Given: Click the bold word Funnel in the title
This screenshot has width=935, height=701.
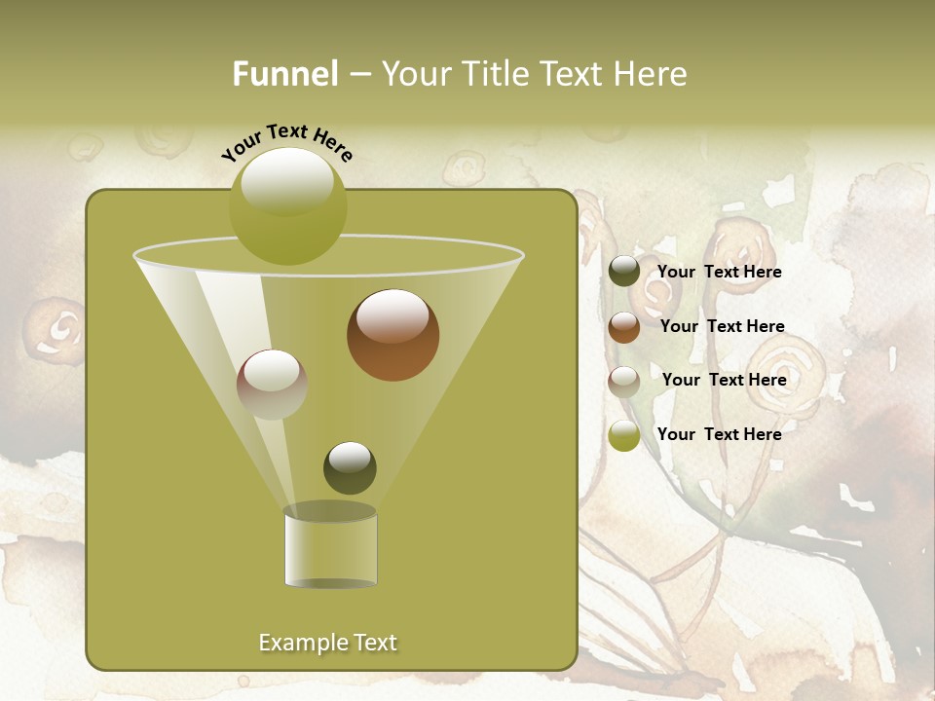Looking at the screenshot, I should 285,74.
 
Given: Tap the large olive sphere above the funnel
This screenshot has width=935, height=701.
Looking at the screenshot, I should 287,206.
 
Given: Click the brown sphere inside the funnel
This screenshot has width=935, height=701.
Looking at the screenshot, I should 393,335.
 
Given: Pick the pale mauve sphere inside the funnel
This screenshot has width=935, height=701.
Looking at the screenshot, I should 272,385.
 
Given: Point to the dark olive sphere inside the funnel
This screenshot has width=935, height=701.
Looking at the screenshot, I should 350,467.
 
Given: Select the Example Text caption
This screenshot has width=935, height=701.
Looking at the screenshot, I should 328,643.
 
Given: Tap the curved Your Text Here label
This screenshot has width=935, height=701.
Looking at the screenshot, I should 286,141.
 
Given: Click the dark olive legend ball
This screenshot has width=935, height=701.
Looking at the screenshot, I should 624,272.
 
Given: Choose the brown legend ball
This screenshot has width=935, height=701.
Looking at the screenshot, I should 624,327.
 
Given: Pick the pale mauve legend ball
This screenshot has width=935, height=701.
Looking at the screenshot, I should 624,382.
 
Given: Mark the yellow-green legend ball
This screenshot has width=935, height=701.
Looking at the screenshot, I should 624,435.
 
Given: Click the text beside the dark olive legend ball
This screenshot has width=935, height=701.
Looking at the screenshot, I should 720,272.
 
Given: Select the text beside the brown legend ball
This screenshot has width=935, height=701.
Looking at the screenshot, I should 723,326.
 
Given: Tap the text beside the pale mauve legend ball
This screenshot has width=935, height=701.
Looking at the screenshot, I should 725,380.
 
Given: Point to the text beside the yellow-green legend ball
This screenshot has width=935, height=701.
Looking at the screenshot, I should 720,434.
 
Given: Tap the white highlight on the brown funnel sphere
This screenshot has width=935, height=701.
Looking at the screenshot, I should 393,317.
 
